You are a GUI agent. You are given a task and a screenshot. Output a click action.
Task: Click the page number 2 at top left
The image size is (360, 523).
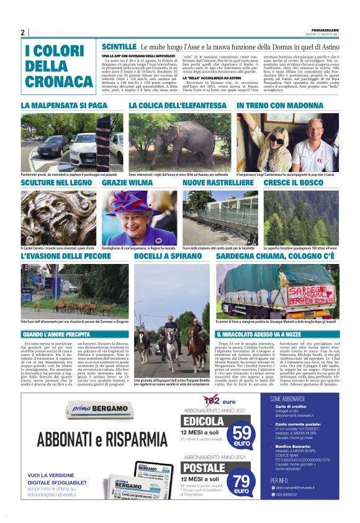tap(22, 32)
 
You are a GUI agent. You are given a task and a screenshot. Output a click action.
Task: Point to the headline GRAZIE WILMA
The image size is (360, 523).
tap(127, 183)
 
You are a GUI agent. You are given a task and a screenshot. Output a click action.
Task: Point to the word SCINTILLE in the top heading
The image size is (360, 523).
tap(119, 47)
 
